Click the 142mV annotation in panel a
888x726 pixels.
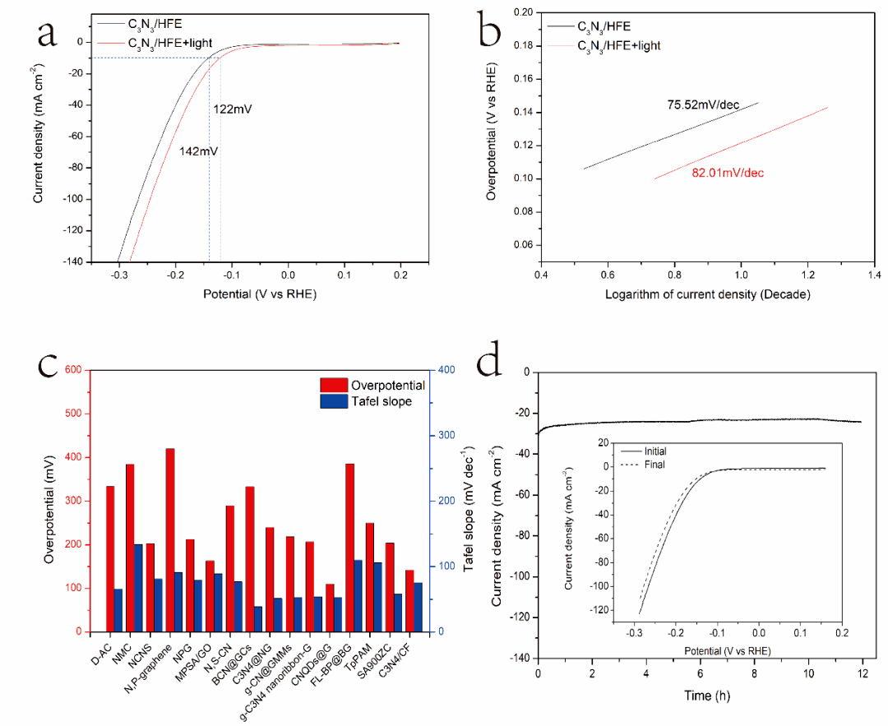pyautogui.click(x=199, y=151)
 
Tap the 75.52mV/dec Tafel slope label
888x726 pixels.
pyautogui.click(x=703, y=104)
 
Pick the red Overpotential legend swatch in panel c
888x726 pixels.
pyautogui.click(x=334, y=385)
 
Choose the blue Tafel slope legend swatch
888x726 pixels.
pyautogui.click(x=334, y=401)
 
